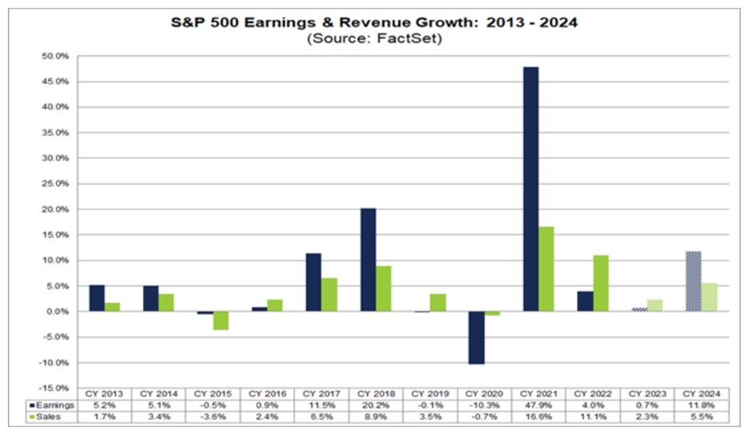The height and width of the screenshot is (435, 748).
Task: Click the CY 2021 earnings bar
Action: [531, 189]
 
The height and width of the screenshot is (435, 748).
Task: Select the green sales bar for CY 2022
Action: [600, 283]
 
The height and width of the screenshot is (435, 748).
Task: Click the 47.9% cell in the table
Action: [539, 406]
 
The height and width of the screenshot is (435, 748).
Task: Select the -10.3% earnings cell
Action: [484, 406]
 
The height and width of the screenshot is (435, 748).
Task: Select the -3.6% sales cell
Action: [213, 417]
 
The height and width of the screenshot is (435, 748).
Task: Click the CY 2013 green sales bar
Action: [112, 307]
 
